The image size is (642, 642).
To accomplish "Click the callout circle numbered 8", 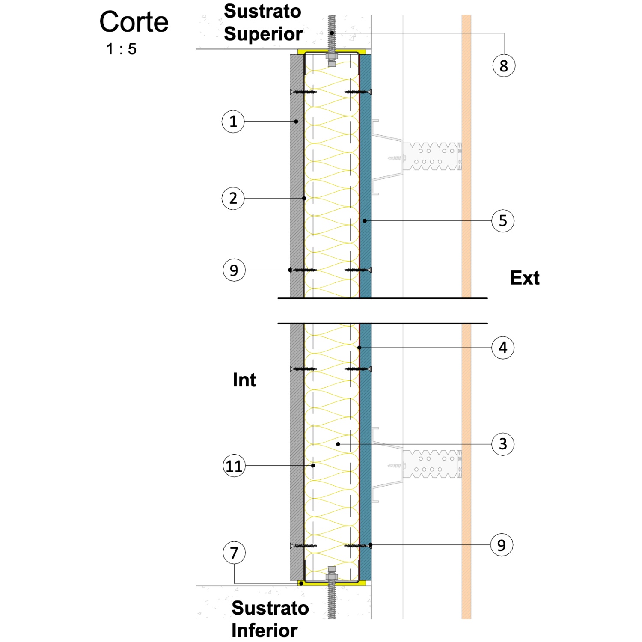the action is click(x=504, y=66).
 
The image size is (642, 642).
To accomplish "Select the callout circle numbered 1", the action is click(x=233, y=122).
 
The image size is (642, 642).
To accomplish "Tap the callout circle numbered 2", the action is click(x=233, y=199).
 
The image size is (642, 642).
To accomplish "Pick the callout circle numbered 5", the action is click(x=503, y=221).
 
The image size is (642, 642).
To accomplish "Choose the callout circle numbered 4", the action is click(x=503, y=348).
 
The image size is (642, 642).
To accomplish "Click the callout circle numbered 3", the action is click(x=503, y=444).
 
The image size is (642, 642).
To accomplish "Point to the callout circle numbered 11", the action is click(x=234, y=466).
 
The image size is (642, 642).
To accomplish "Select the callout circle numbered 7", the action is click(x=234, y=553).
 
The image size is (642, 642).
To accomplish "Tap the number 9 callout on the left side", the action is click(x=234, y=270).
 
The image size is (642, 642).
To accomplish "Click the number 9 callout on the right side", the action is click(x=502, y=545).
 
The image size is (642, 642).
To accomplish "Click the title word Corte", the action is click(x=134, y=22).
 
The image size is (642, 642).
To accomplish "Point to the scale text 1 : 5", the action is click(x=122, y=49).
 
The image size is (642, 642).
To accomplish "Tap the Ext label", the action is click(x=525, y=278).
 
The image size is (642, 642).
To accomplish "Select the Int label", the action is click(x=244, y=380).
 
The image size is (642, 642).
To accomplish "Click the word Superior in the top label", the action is click(x=263, y=34).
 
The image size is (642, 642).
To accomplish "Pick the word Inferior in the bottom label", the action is click(x=265, y=630).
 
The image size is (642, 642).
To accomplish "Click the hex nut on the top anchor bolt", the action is click(x=332, y=56).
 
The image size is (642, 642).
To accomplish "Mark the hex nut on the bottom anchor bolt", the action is click(x=332, y=577).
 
